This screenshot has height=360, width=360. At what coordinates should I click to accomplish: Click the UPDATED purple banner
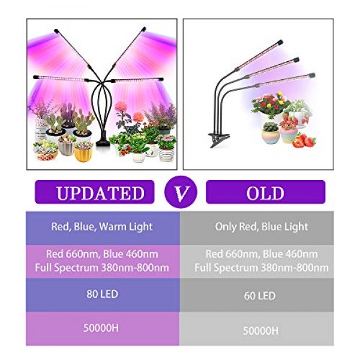click(x=94, y=192)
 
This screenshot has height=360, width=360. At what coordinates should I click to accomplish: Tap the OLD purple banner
click(x=265, y=192)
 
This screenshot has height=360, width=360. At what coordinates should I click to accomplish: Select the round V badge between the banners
click(x=181, y=192)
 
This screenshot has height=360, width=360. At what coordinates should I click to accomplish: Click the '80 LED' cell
click(x=103, y=295)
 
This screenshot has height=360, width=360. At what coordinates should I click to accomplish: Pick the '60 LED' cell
click(x=257, y=295)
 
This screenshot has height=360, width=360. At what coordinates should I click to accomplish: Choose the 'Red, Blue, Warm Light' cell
click(x=103, y=228)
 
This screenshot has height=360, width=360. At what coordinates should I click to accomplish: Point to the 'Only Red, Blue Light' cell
click(x=257, y=228)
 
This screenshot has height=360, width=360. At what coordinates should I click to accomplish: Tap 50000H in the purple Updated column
click(x=101, y=328)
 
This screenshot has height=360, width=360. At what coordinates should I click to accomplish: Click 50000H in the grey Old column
click(x=260, y=331)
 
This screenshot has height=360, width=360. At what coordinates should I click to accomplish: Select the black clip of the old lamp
click(x=218, y=139)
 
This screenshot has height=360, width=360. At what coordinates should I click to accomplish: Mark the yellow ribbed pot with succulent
click(x=83, y=152)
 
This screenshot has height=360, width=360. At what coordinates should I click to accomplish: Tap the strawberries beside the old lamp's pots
click(x=304, y=140)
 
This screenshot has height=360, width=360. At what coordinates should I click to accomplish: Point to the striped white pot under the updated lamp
click(x=166, y=154)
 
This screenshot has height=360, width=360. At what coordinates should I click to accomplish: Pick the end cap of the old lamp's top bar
click(x=280, y=43)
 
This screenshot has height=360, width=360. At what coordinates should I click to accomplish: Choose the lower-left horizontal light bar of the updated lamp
click(x=61, y=78)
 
